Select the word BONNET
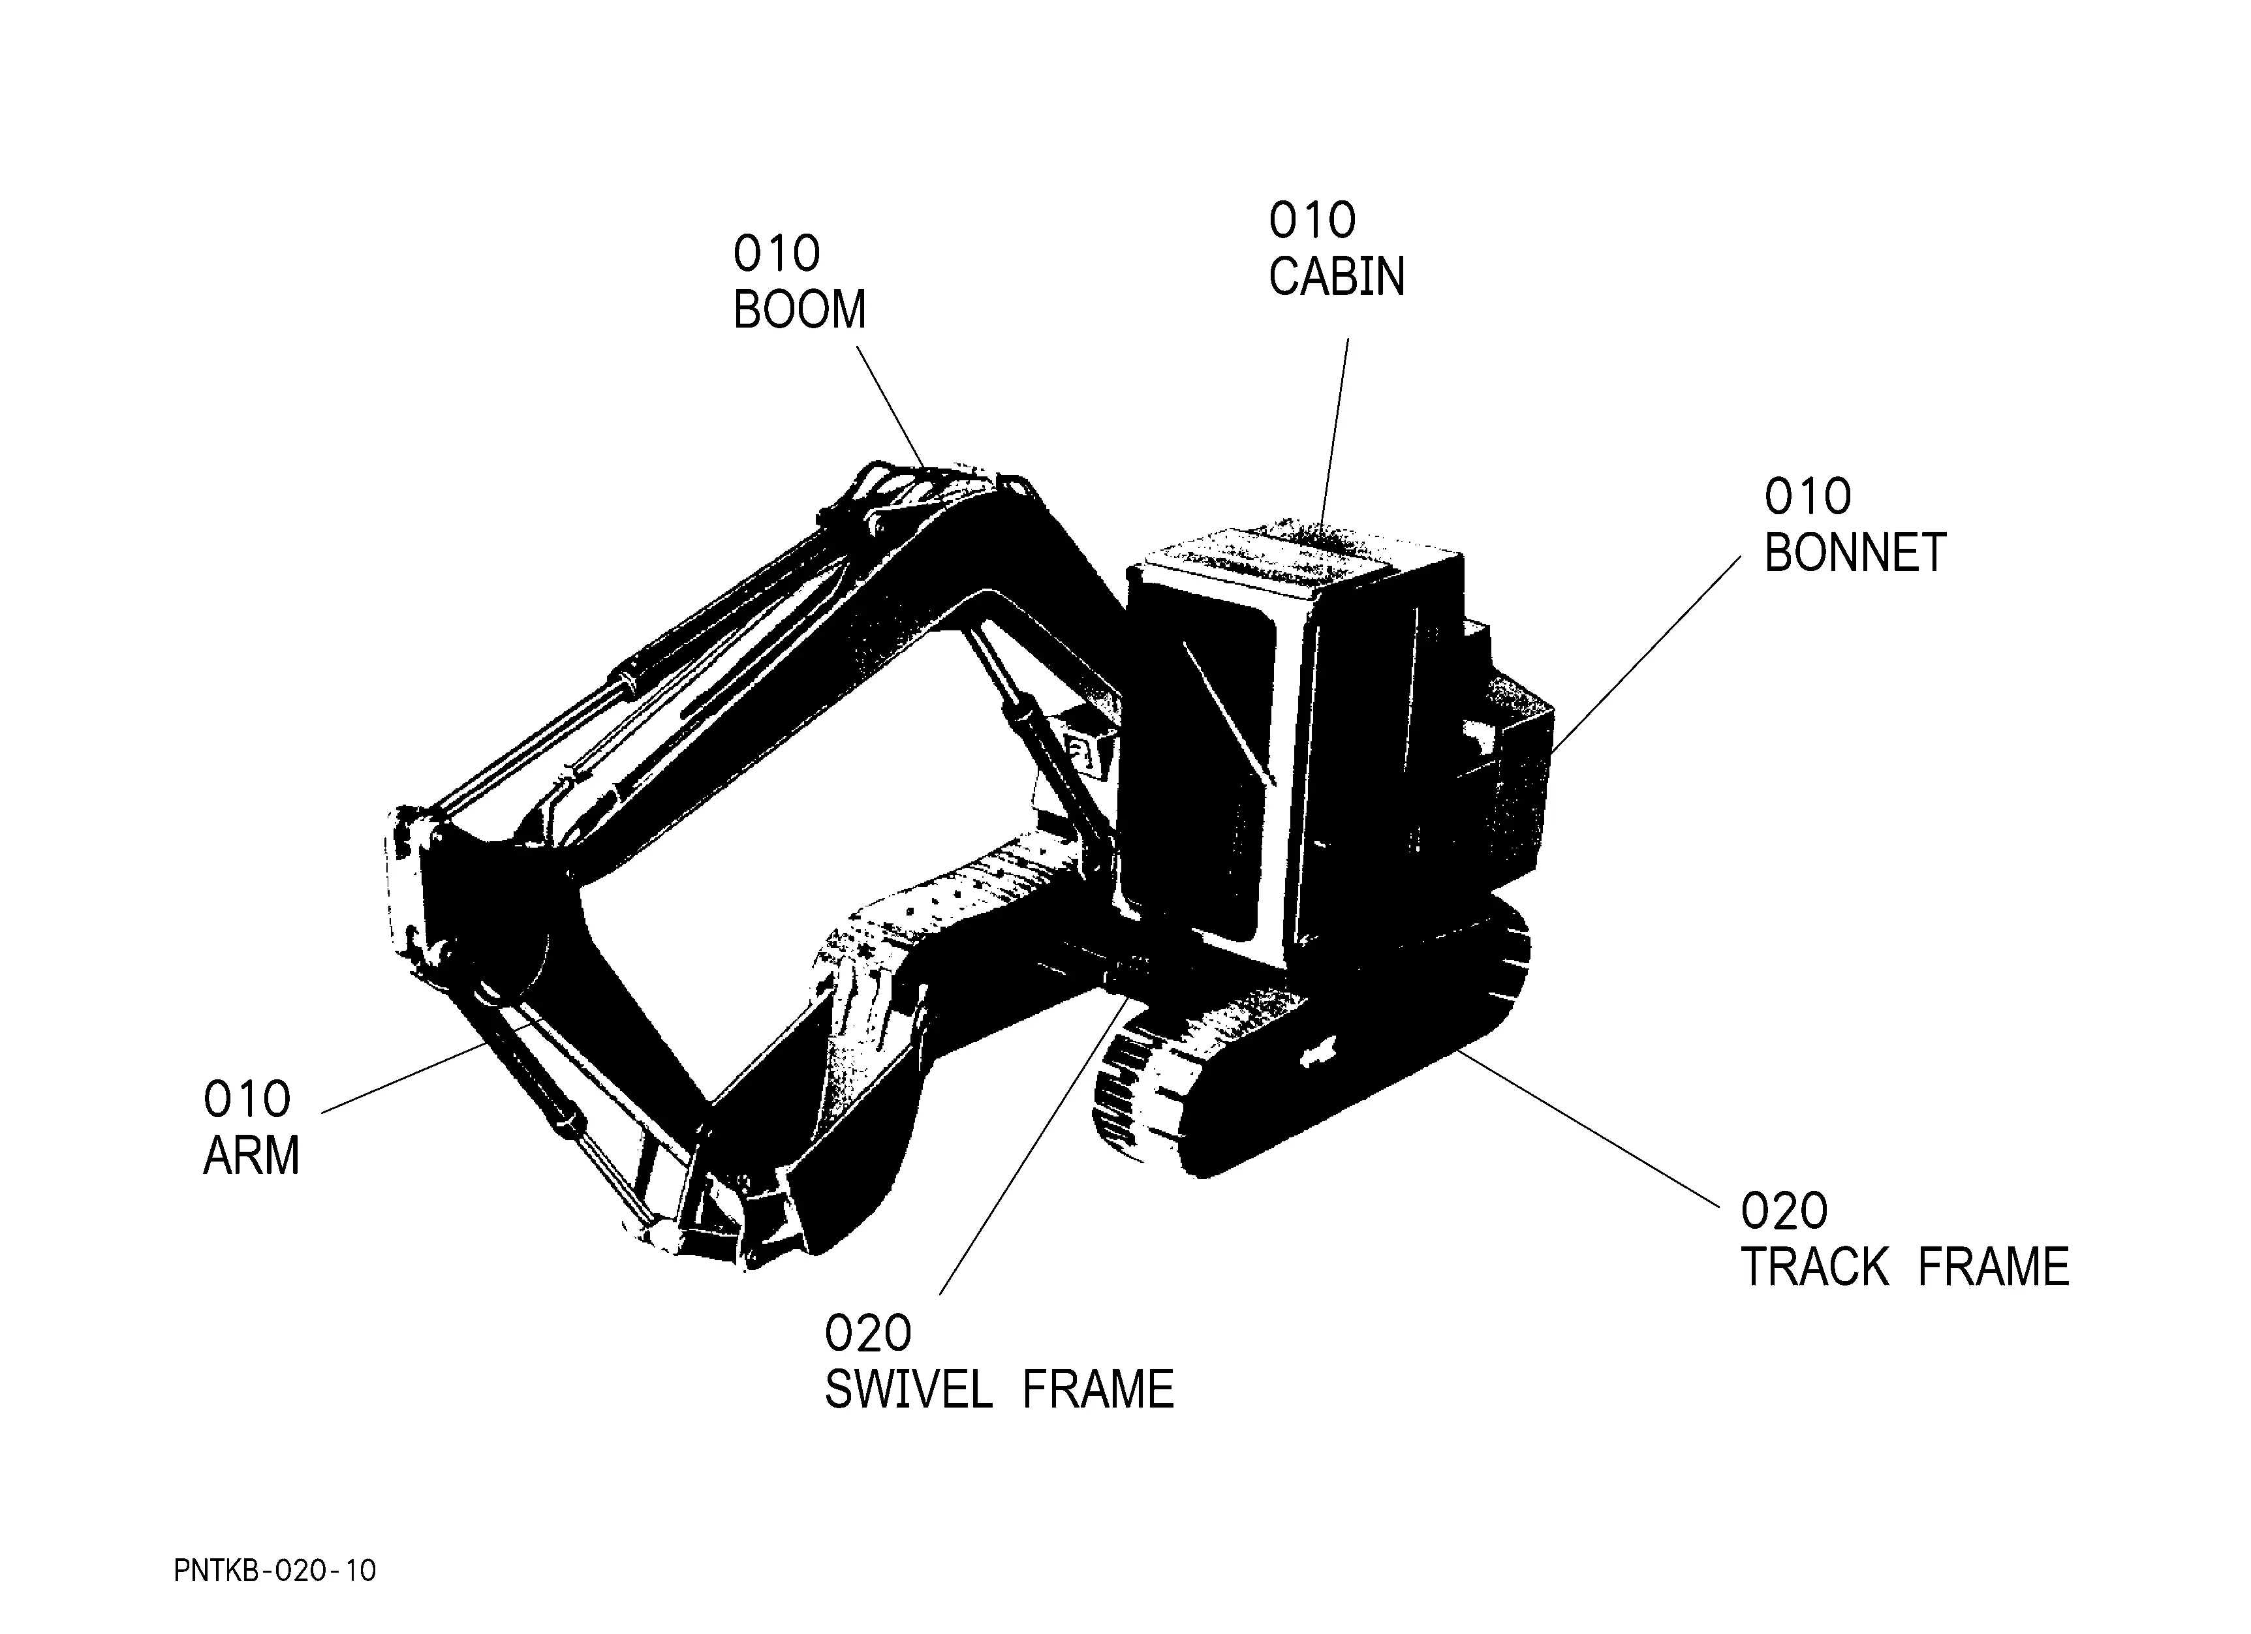[x=1854, y=553]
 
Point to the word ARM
[x=251, y=1156]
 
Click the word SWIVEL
[x=907, y=1390]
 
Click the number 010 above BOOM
[x=776, y=254]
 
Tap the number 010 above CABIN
[x=1311, y=221]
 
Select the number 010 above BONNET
[x=1807, y=496]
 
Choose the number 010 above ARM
[x=246, y=1100]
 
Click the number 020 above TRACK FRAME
[x=1784, y=1211]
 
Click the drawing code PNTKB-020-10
[x=275, y=1571]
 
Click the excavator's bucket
[x=794, y=1121]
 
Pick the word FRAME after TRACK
[x=1993, y=1267]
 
